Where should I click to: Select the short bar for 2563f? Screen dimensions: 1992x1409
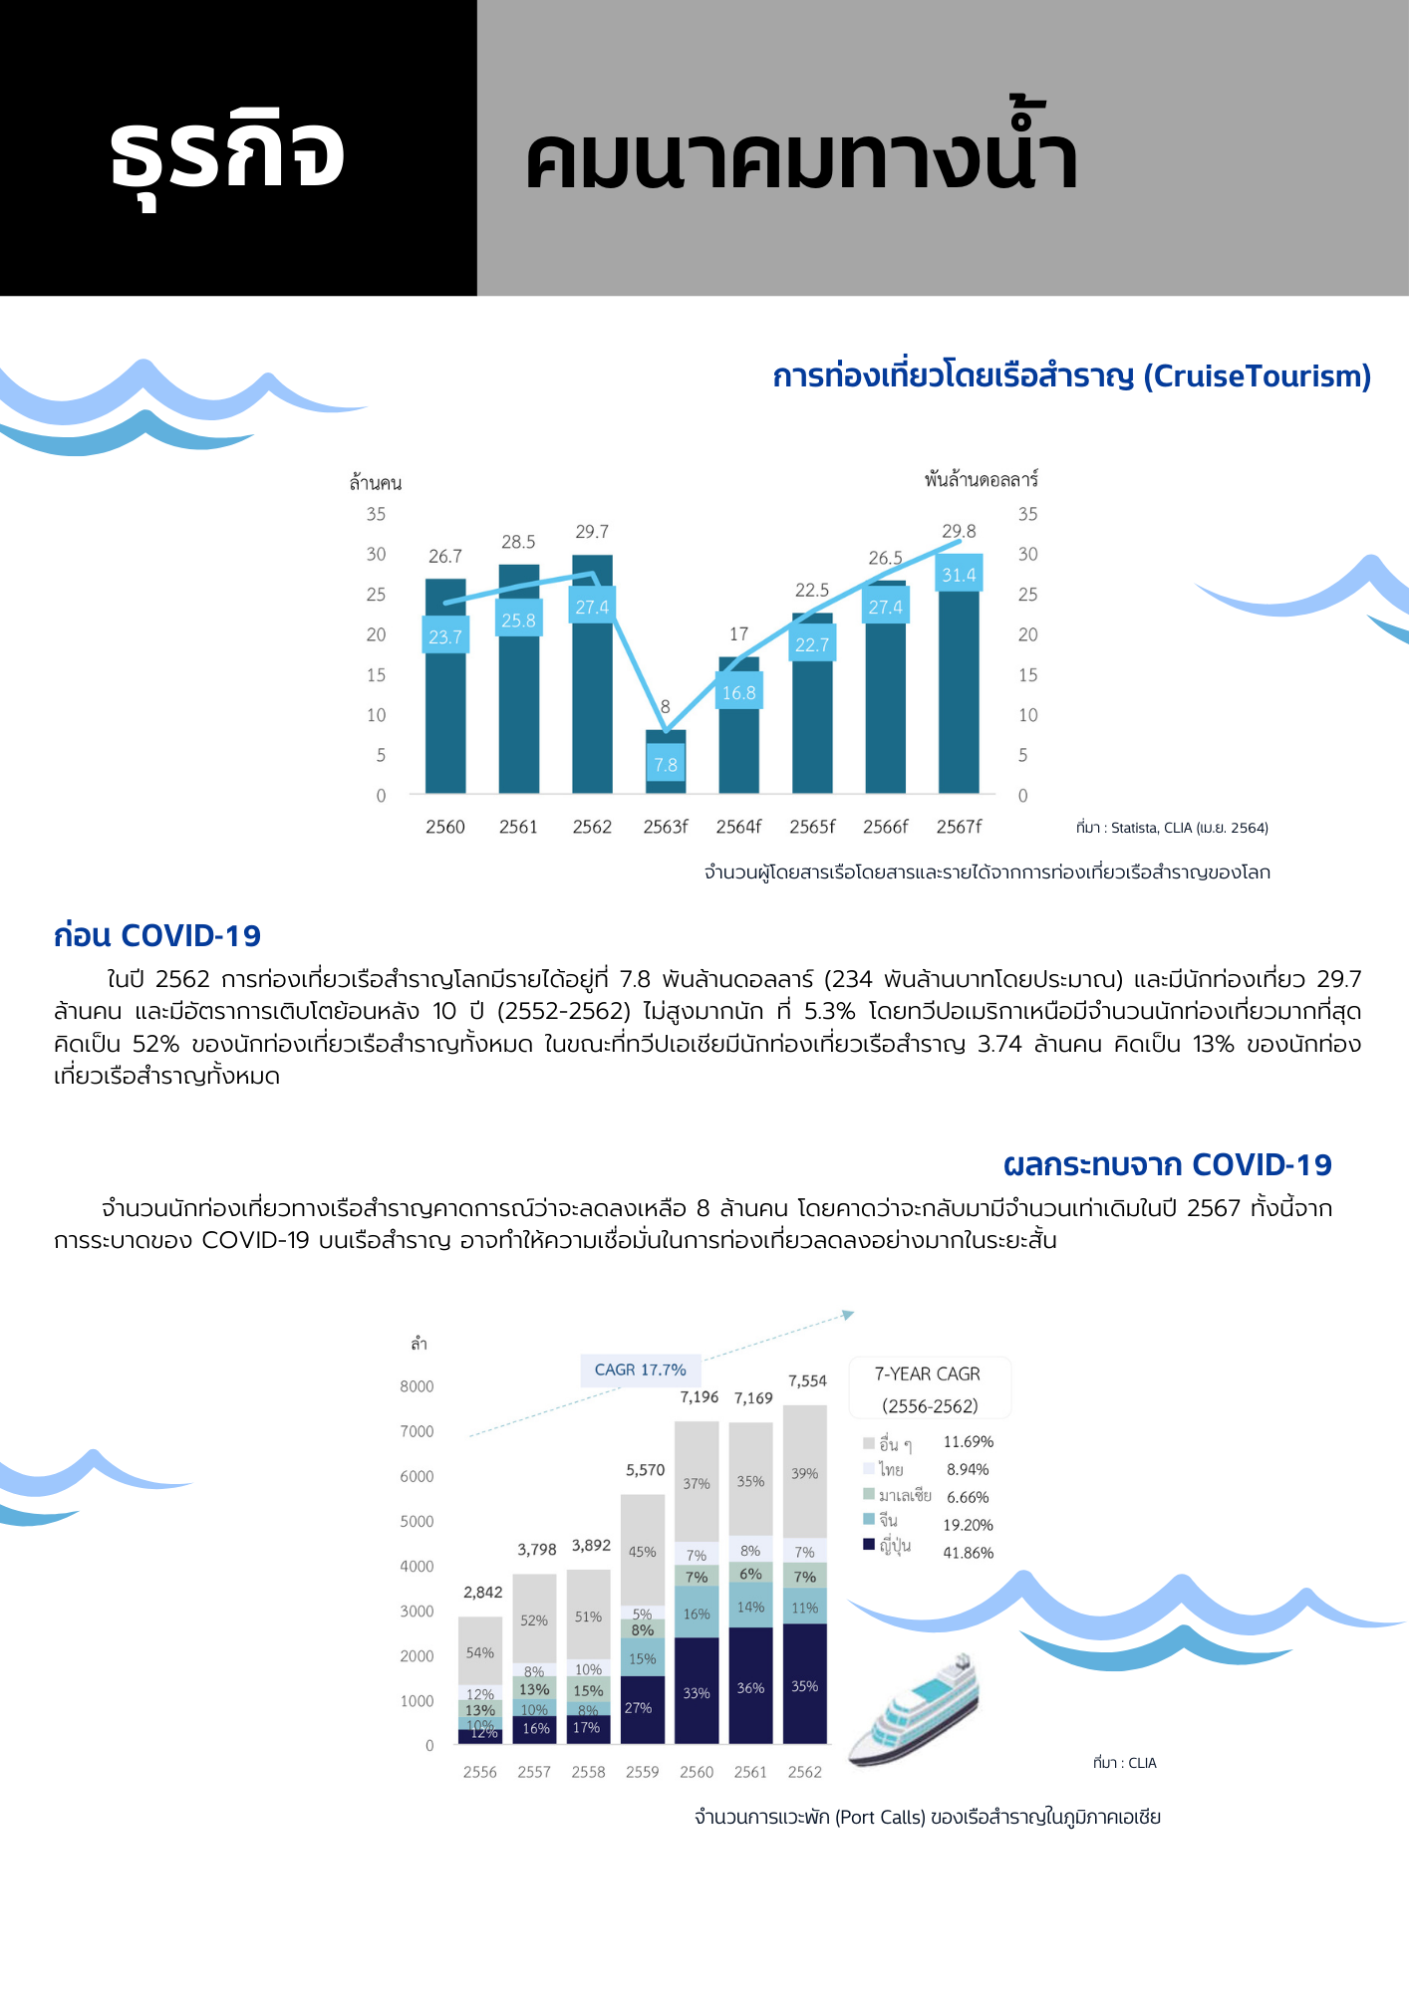[x=666, y=787]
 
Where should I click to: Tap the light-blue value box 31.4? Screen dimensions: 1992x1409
[x=959, y=575]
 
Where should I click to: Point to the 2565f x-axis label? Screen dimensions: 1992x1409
[x=812, y=827]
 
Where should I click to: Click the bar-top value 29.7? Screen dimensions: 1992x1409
[x=592, y=532]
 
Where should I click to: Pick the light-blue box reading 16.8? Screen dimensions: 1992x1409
[x=738, y=692]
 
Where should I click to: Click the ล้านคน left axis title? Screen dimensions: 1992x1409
[x=376, y=483]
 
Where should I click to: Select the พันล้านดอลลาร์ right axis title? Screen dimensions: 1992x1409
[x=981, y=480]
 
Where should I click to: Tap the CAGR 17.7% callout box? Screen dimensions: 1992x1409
[x=641, y=1370]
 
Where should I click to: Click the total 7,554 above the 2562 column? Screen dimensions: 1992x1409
[x=807, y=1380]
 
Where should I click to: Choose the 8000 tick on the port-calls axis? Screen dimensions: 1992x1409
[x=417, y=1386]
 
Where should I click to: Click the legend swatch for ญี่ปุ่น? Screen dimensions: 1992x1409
[x=869, y=1545]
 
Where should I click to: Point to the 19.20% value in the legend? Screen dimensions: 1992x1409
[x=968, y=1525]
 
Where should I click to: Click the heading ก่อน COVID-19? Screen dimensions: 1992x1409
[x=157, y=936]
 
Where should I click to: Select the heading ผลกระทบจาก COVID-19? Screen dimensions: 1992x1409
[x=1167, y=1165]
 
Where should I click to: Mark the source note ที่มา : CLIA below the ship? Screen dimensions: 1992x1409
[x=1124, y=1763]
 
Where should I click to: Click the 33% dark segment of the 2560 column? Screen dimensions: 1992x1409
[x=697, y=1693]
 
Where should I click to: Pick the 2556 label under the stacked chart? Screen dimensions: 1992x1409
[x=480, y=1772]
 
